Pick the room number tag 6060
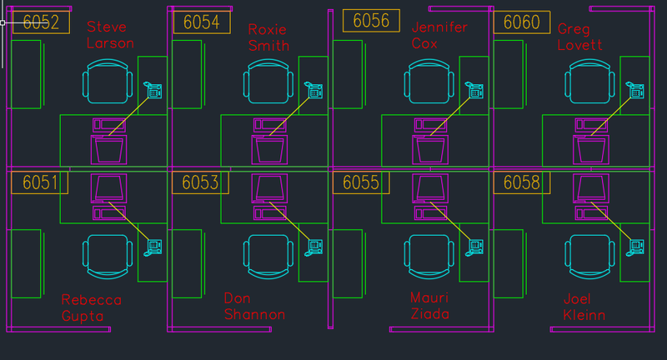pyautogui.click(x=522, y=22)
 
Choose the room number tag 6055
pyautogui.click(x=361, y=182)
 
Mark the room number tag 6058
pyautogui.click(x=522, y=182)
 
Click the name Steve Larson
pyautogui.click(x=109, y=35)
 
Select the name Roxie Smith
pyautogui.click(x=268, y=37)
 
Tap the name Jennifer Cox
pyautogui.click(x=439, y=35)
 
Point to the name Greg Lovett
pyautogui.click(x=579, y=37)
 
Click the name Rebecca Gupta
pyautogui.click(x=92, y=307)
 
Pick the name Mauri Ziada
pyautogui.click(x=429, y=306)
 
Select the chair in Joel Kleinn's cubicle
pyautogui.click(x=590, y=254)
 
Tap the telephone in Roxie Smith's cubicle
pyautogui.click(x=314, y=91)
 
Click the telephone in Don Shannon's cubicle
pyautogui.click(x=315, y=246)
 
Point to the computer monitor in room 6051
pyautogui.click(x=109, y=188)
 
